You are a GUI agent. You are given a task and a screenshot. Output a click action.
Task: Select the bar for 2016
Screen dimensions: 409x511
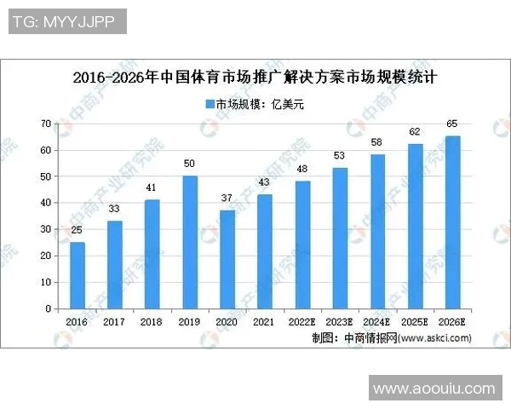78,275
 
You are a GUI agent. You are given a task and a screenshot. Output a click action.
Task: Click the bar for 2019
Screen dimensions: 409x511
190,242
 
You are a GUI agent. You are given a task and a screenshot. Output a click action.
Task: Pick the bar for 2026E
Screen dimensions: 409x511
452,222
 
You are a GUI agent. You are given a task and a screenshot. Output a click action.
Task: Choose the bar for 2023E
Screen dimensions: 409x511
340,238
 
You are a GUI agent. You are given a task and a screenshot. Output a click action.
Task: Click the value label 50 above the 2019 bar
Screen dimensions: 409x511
190,164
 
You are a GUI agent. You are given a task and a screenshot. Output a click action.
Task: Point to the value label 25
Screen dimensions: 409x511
78,231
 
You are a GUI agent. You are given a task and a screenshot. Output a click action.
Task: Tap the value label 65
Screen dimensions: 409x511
452,124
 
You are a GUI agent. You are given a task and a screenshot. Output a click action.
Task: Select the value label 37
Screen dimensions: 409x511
227,199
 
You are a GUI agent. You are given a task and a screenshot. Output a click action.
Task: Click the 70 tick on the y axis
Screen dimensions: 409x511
47,124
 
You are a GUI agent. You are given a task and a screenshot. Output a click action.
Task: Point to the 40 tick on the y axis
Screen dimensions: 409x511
47,203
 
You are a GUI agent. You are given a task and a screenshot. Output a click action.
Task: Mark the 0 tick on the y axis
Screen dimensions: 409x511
49,308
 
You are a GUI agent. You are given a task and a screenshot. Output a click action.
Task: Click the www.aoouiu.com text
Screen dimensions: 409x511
434,389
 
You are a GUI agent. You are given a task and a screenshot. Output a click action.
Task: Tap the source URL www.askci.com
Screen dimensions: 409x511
434,337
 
